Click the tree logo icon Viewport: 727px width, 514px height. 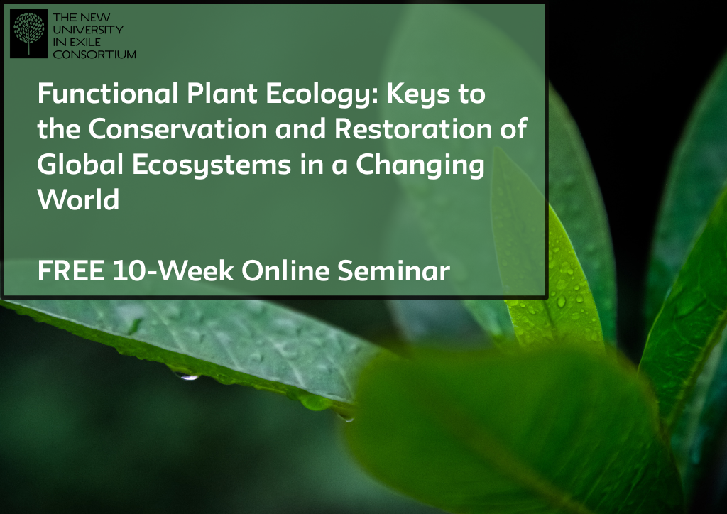(28, 33)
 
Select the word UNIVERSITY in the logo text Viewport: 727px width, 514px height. (88, 30)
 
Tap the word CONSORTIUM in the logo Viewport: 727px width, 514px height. (94, 54)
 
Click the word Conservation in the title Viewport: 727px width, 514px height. (177, 128)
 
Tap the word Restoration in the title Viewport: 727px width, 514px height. (413, 128)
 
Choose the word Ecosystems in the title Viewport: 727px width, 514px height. (212, 165)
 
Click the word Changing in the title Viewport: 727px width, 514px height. (420, 165)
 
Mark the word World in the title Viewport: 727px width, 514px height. (78, 199)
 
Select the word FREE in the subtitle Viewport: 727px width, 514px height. (71, 270)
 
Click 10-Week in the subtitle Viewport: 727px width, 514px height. (173, 270)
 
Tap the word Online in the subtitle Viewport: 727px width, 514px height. (285, 270)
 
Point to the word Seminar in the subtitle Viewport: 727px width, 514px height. (393, 270)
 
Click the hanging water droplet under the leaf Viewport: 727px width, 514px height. (187, 376)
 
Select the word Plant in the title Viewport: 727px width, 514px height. (222, 93)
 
